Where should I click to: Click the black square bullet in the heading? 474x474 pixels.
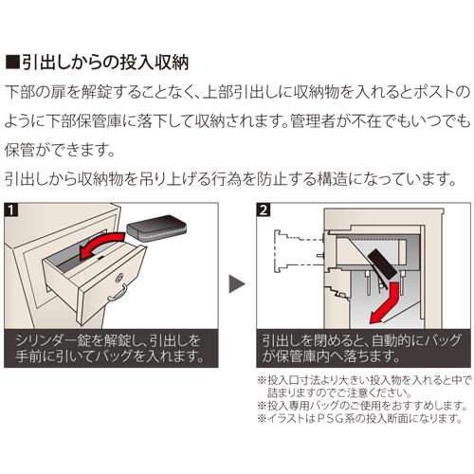(12, 63)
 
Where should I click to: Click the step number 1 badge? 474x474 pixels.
(11, 210)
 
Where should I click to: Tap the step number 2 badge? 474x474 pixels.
(264, 210)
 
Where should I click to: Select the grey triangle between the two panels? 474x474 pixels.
(237, 283)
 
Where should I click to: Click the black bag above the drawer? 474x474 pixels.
(157, 228)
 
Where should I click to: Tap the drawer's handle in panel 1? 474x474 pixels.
(118, 293)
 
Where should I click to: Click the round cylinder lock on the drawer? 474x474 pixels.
(119, 278)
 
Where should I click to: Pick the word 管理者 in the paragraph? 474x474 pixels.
(312, 121)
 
